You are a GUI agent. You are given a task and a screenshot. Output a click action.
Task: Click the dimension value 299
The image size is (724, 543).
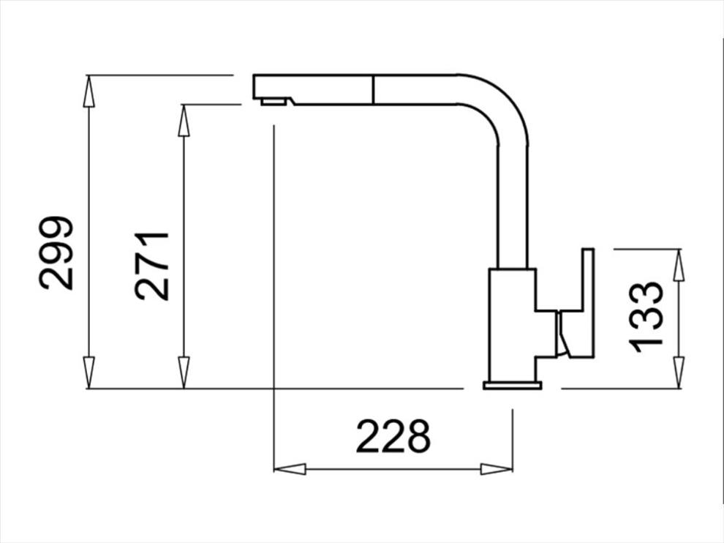(56, 252)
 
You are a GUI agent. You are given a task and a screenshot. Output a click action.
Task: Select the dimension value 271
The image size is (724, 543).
(152, 266)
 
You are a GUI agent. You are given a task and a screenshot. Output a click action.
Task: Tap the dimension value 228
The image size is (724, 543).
(393, 436)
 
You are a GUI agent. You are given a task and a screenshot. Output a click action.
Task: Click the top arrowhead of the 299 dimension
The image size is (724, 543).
(88, 91)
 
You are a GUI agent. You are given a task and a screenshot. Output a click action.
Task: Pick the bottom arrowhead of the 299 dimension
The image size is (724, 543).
(88, 372)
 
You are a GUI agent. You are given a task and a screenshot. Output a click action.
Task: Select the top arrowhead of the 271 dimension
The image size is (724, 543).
(184, 121)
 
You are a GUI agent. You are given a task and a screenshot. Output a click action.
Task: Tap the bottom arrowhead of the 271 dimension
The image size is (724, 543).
(184, 372)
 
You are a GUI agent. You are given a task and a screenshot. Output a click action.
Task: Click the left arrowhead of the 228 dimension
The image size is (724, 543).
(290, 469)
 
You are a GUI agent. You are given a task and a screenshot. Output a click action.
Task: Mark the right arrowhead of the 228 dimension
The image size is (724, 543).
(497, 469)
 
